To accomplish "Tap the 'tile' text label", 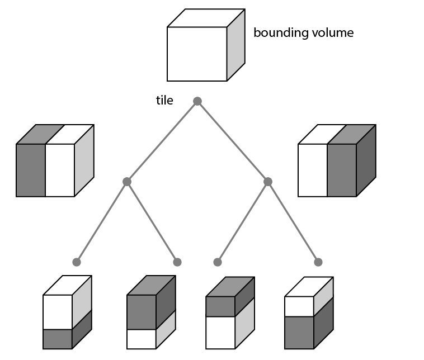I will click(x=164, y=101).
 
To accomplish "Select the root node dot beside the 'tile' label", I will click(x=197, y=101).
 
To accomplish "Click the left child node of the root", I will click(x=127, y=182).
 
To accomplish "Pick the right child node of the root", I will click(x=268, y=182).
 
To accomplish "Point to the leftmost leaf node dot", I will click(x=77, y=262).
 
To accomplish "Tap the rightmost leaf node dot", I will click(x=318, y=262).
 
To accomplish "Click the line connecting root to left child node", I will click(x=162, y=141).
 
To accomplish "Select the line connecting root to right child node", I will click(x=232, y=141).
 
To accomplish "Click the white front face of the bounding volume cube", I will click(x=197, y=54).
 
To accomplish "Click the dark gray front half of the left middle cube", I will click(x=31, y=170).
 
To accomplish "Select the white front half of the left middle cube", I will click(x=60, y=170).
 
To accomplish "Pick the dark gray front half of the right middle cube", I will click(x=341, y=170).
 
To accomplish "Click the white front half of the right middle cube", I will click(x=312, y=170).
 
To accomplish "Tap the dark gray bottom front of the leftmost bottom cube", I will click(x=58, y=339).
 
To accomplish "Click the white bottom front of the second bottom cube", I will click(x=141, y=339).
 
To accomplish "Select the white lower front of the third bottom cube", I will click(x=220, y=333).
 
